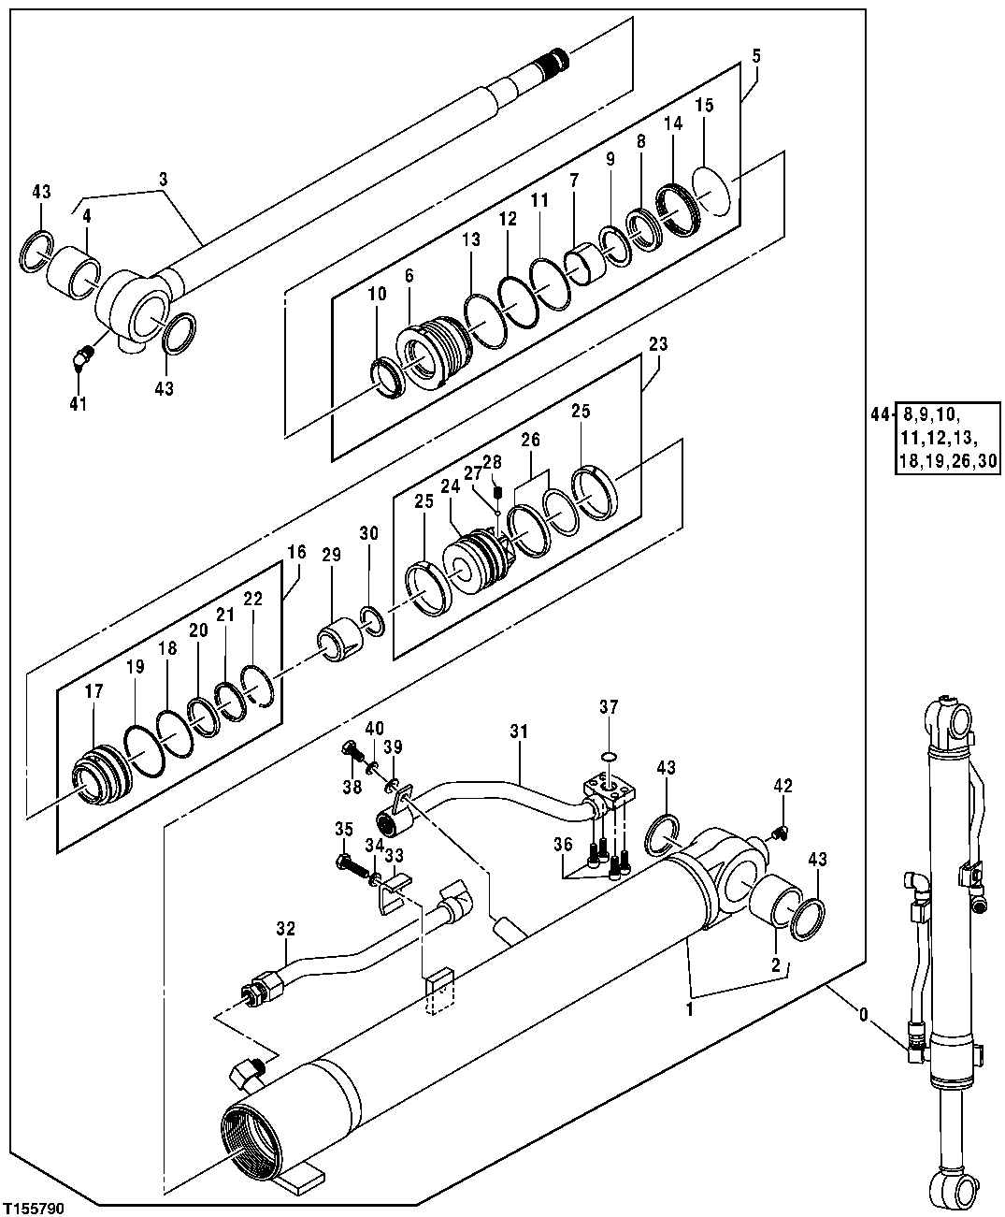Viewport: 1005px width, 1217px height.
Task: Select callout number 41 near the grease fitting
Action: coord(78,404)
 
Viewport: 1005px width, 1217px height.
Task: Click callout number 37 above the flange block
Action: coord(609,708)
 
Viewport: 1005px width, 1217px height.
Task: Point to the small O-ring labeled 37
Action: coord(608,756)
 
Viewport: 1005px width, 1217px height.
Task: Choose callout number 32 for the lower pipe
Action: coord(286,929)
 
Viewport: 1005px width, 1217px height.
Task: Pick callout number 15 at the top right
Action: coord(703,105)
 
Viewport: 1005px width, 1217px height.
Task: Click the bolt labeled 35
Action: coord(349,860)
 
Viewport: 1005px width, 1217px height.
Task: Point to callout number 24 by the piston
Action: coord(451,485)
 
